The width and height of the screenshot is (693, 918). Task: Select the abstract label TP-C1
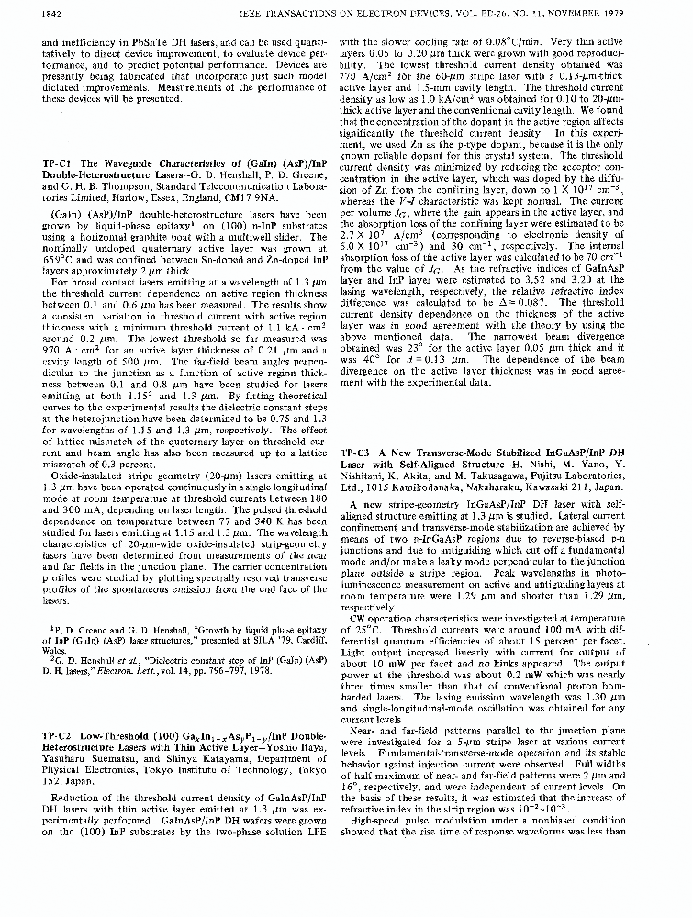pos(57,163)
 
